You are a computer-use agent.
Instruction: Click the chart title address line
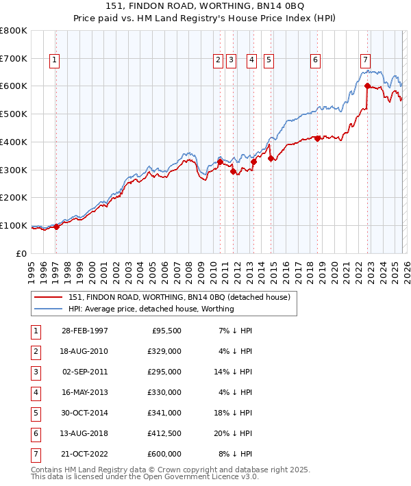pyautogui.click(x=206, y=6)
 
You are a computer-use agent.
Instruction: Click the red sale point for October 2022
pyautogui.click(x=367, y=86)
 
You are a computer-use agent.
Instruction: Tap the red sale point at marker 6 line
pyautogui.click(x=317, y=138)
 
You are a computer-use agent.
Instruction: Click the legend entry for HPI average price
pyautogui.click(x=151, y=309)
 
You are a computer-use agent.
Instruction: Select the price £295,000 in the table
pyautogui.click(x=165, y=372)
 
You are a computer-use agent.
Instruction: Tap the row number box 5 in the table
pyautogui.click(x=35, y=413)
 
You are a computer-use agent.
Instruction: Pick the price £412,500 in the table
pyautogui.click(x=165, y=433)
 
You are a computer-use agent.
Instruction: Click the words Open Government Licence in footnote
pyautogui.click(x=188, y=478)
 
